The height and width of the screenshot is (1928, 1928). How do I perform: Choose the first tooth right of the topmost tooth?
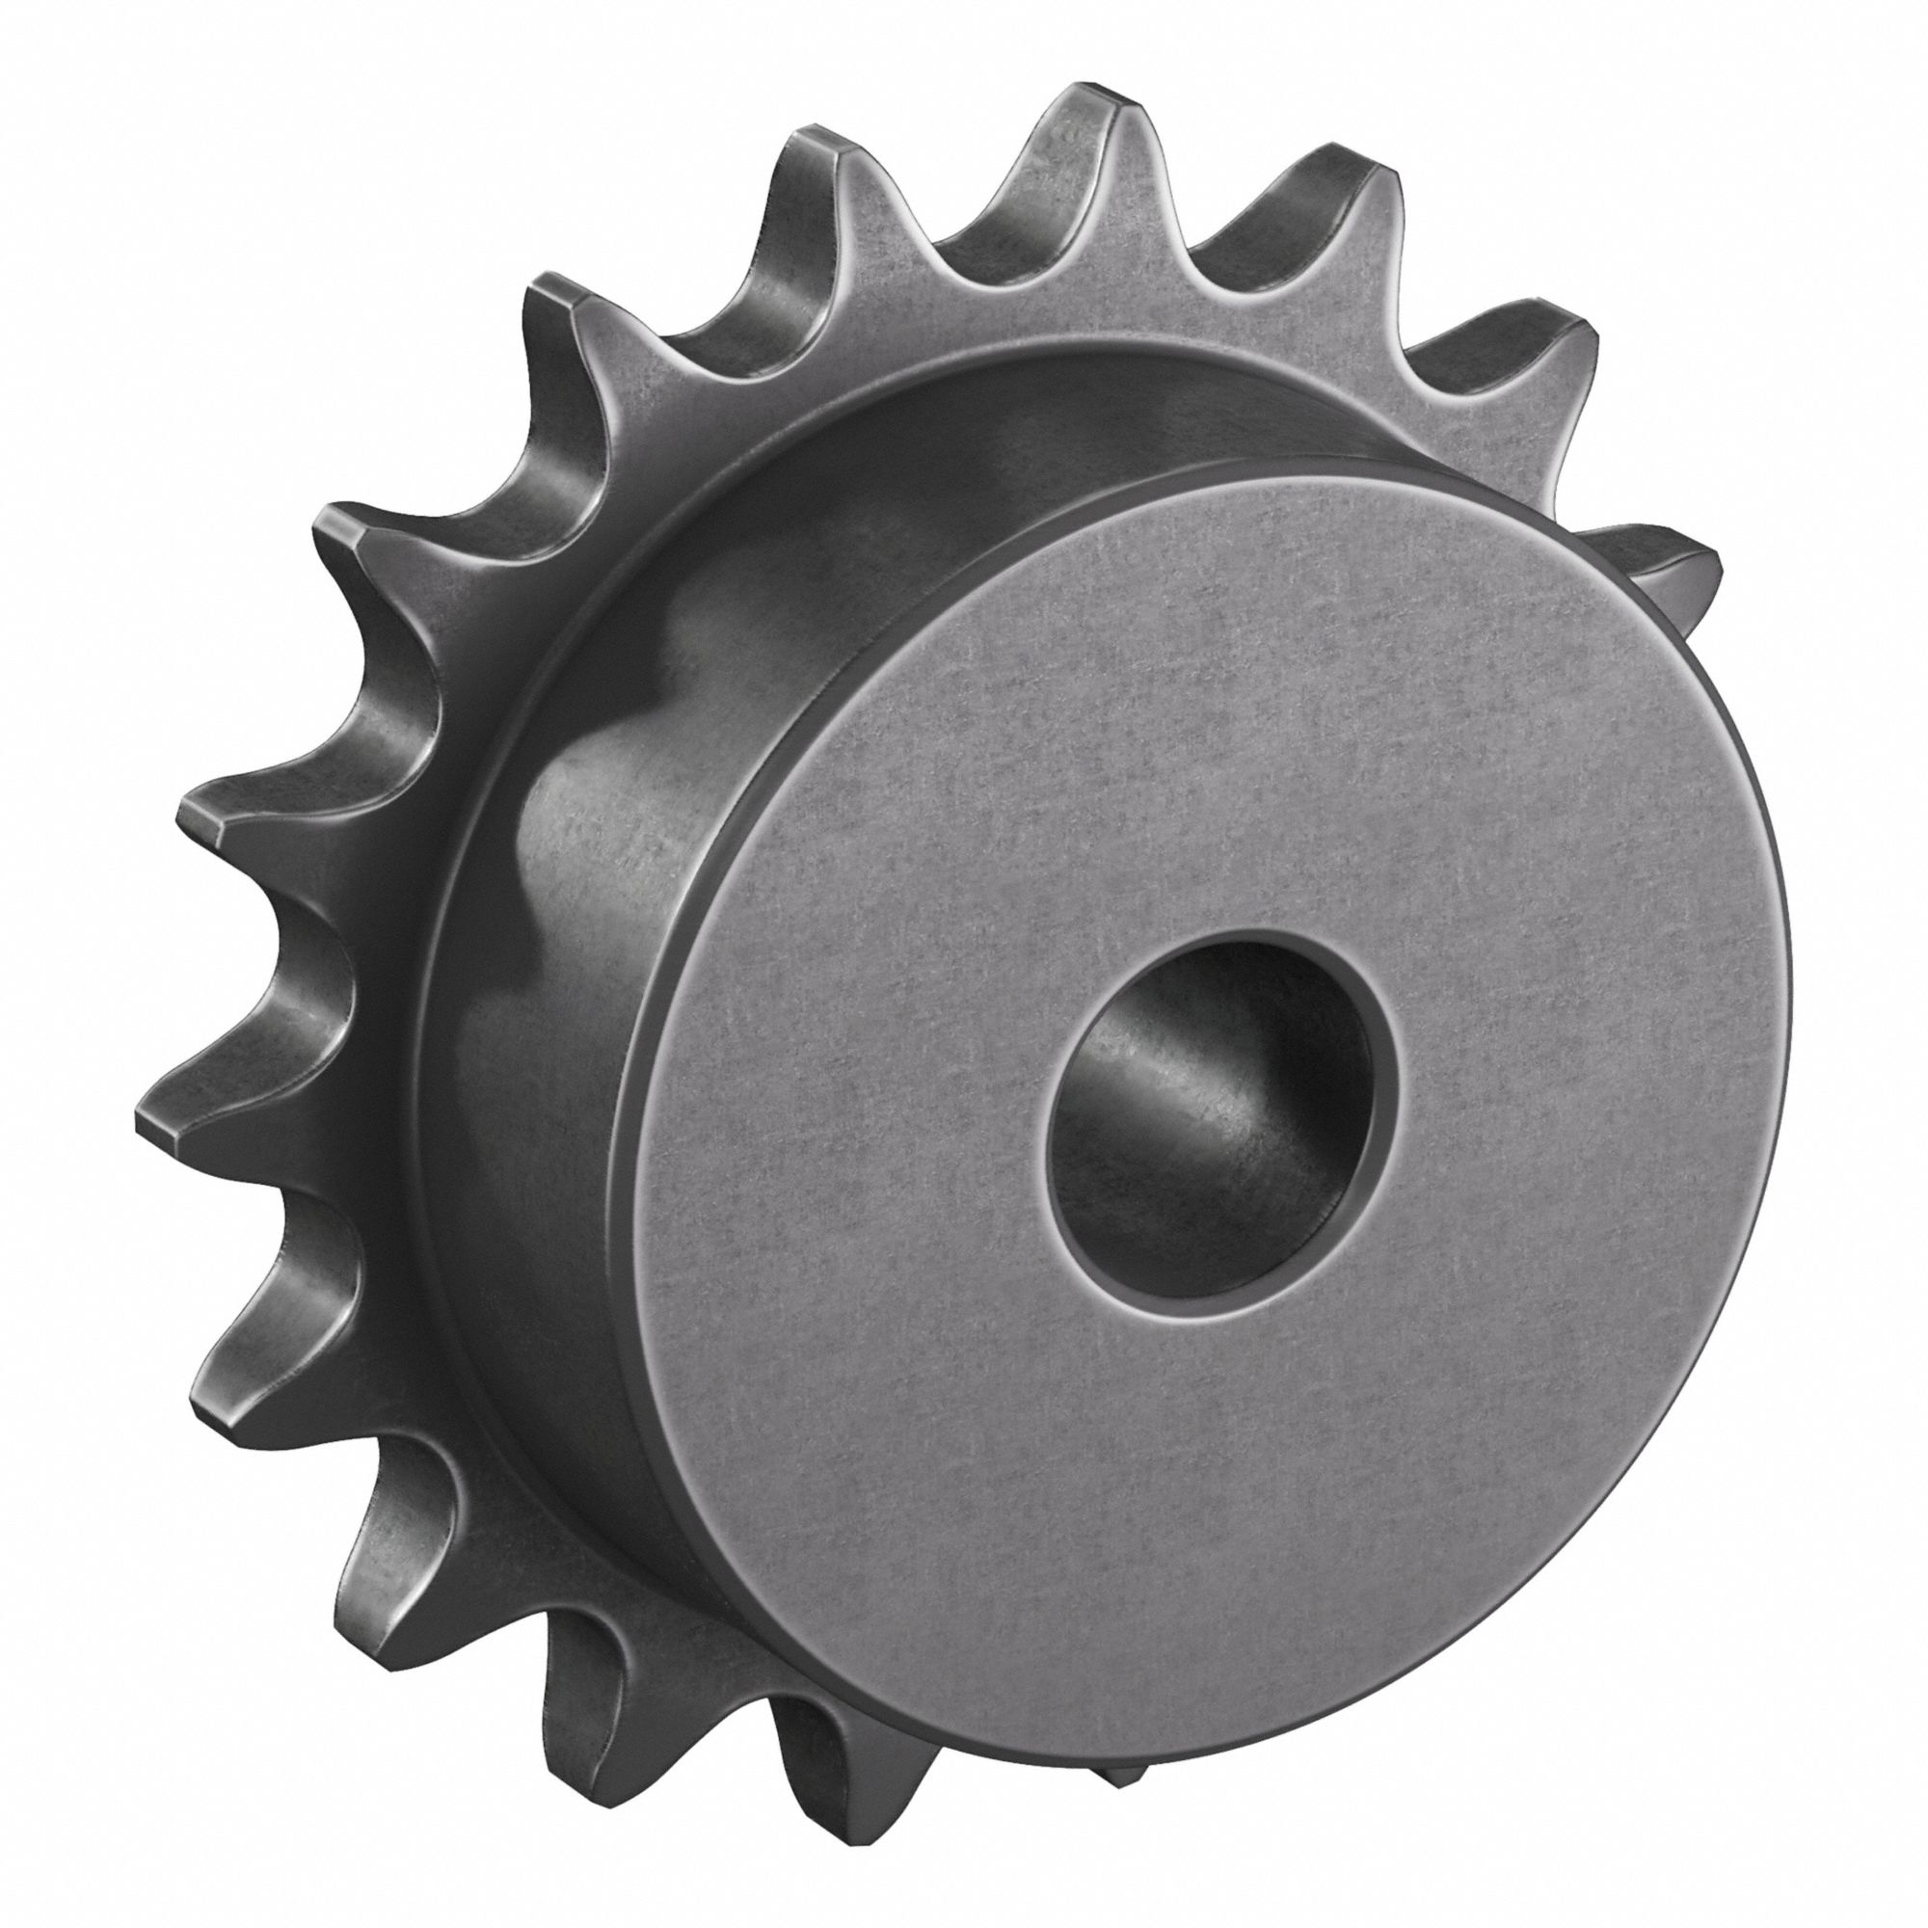click(1337, 179)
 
